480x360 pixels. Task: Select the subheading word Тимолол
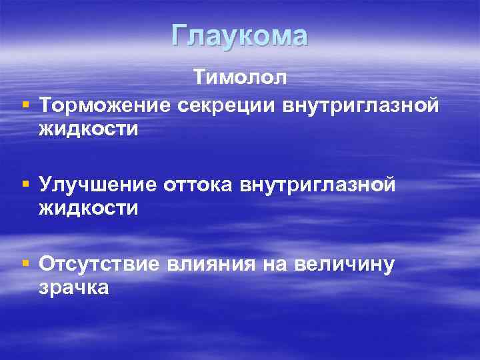point(241,78)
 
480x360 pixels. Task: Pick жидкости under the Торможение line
point(88,129)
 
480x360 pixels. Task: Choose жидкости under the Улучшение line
point(88,207)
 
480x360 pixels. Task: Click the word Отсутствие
point(99,263)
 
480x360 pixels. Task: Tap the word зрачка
point(74,287)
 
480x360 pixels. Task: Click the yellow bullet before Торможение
point(25,105)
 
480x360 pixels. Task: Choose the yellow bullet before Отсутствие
point(25,263)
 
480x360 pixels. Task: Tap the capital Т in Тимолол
point(201,78)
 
